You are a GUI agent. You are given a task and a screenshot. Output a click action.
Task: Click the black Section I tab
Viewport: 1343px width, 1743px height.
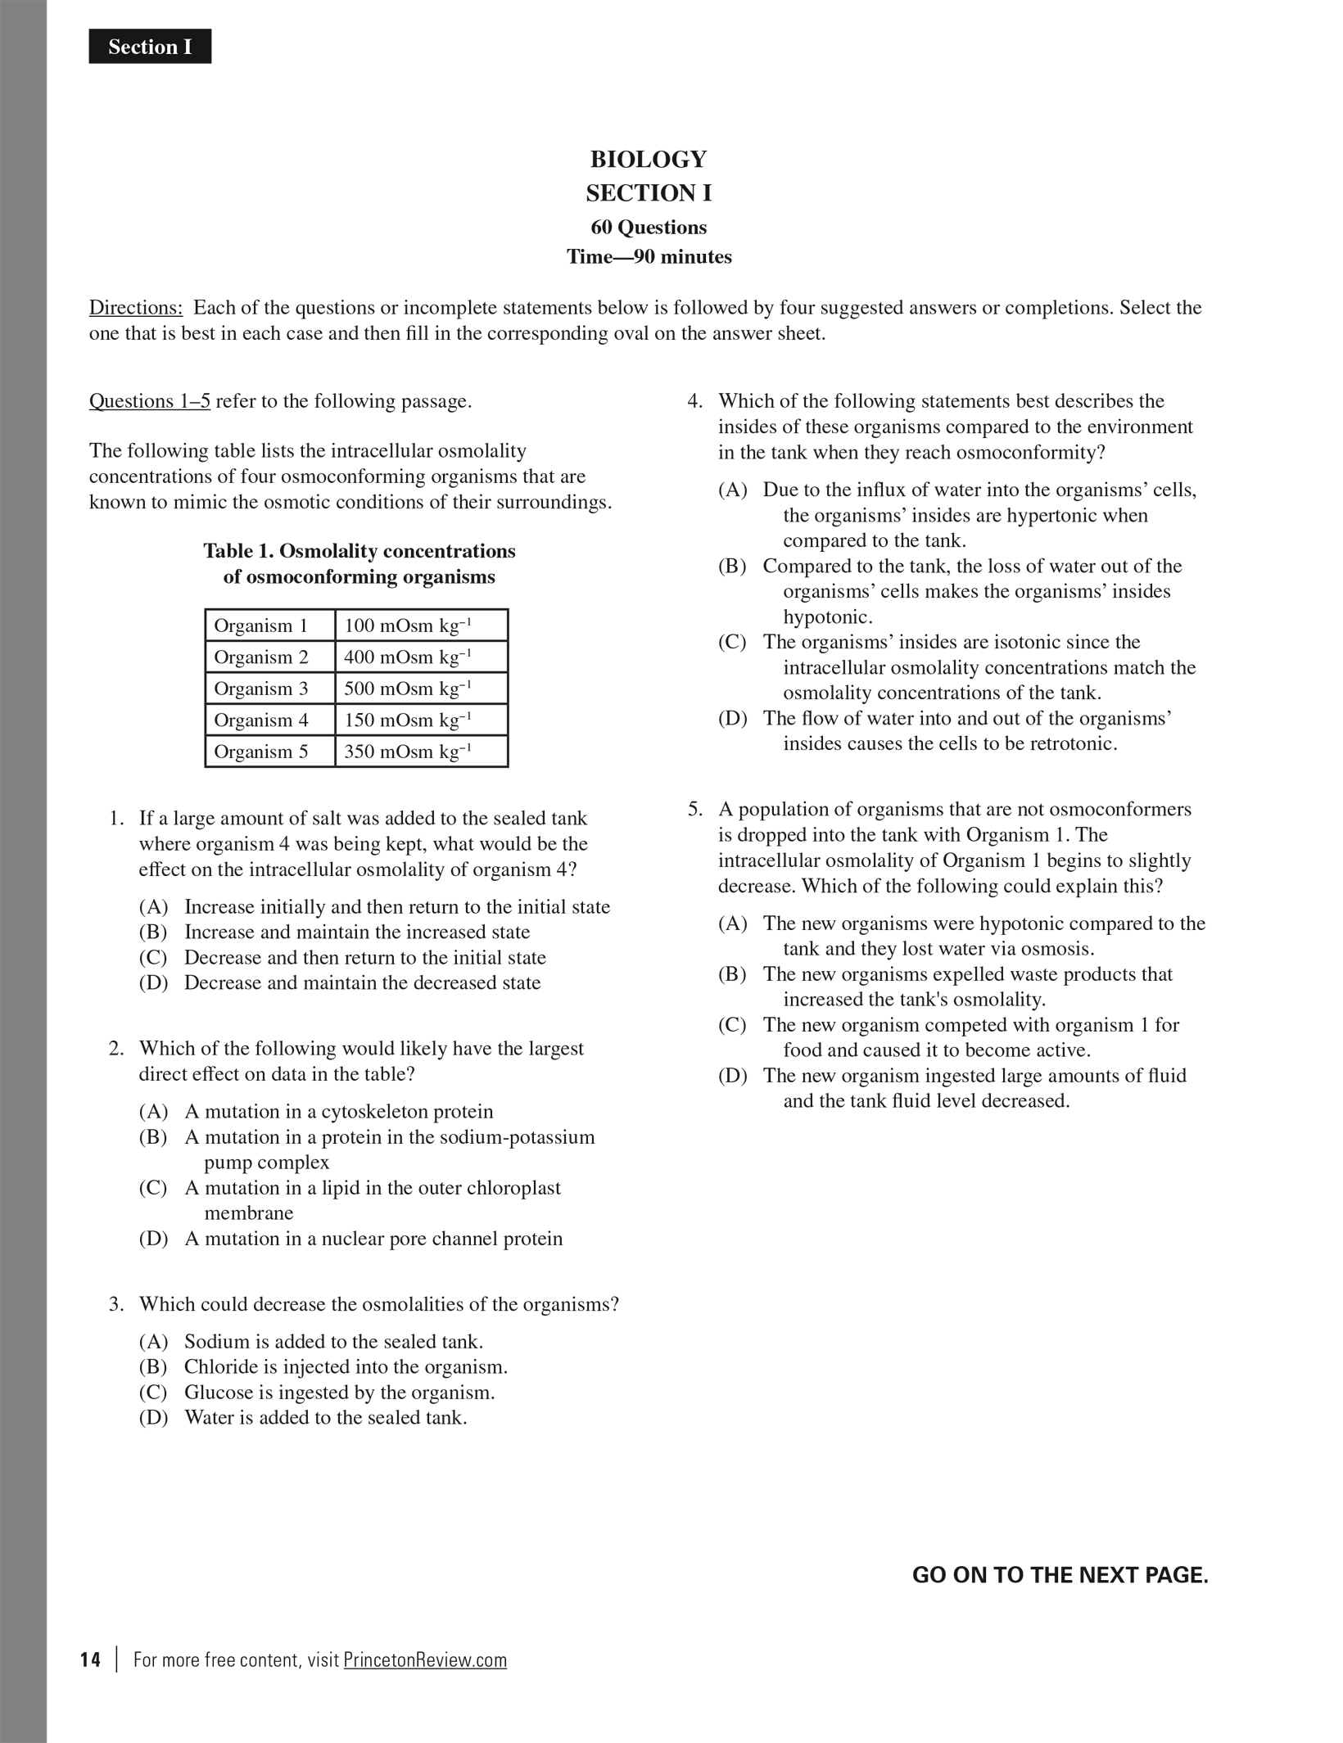(150, 47)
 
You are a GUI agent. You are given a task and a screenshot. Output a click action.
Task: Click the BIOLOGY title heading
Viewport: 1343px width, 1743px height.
(648, 159)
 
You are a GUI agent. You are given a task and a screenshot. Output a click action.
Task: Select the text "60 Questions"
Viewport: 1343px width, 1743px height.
(649, 227)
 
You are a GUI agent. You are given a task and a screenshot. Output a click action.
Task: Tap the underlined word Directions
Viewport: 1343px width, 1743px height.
(135, 308)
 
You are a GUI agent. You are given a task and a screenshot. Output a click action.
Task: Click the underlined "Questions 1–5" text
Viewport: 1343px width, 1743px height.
(149, 401)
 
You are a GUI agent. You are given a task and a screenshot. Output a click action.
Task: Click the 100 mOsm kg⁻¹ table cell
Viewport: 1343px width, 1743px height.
(421, 625)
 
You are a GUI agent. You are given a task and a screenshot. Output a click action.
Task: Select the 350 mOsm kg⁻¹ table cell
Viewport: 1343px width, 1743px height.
(421, 752)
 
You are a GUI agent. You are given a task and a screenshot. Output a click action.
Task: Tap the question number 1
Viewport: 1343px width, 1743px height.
(116, 819)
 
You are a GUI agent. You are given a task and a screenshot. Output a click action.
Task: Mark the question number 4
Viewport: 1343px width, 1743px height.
(694, 401)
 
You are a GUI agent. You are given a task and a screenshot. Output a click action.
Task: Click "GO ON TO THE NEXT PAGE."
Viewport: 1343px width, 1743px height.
(1060, 1575)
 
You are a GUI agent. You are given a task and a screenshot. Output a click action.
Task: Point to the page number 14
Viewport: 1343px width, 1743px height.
(91, 1659)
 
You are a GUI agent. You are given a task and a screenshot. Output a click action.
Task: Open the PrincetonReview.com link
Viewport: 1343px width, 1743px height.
(425, 1659)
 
